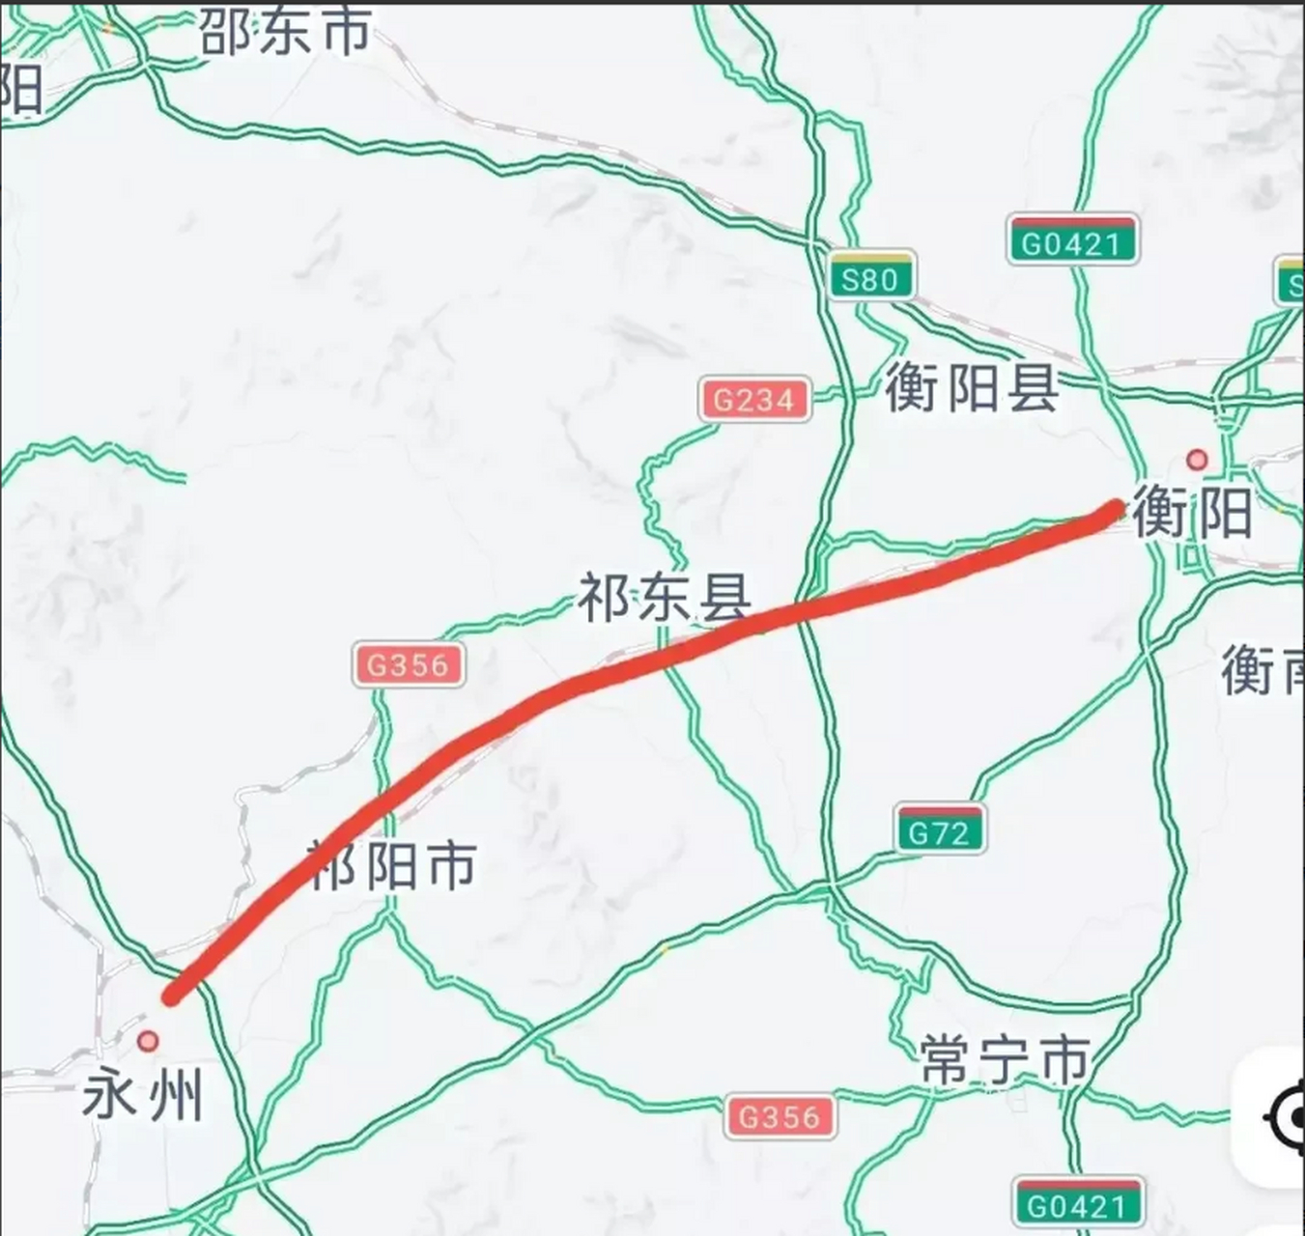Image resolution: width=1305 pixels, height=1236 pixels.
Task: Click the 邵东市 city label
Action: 286,31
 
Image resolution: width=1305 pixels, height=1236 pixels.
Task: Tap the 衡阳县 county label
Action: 971,387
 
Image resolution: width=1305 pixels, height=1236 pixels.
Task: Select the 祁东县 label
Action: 665,597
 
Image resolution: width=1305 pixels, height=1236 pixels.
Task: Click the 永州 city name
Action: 143,1097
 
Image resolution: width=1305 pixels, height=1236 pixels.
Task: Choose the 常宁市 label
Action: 1005,1059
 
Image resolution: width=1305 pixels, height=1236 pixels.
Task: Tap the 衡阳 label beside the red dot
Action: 1192,512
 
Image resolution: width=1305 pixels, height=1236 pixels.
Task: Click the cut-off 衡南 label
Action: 1262,669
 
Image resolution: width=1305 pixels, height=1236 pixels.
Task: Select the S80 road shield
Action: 870,278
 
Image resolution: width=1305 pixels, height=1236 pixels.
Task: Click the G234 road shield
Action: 754,399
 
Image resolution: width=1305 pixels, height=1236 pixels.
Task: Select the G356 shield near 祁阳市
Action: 409,664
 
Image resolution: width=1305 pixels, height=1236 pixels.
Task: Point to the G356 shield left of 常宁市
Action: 780,1117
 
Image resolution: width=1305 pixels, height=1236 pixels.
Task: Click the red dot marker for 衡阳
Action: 1198,459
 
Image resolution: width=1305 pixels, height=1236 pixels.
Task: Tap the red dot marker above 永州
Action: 148,1040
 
